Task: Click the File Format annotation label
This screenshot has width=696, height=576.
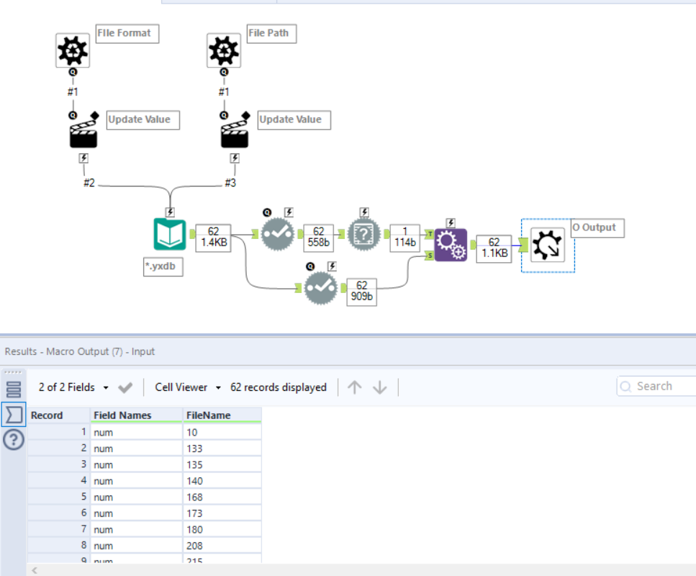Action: tap(127, 33)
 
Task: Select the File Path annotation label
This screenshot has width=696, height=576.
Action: tap(272, 33)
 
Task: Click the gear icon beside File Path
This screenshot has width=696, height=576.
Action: tap(224, 50)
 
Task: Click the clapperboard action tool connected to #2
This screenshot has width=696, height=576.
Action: tap(83, 134)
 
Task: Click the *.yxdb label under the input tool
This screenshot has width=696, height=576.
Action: tap(163, 267)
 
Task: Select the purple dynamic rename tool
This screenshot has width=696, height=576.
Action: tap(451, 245)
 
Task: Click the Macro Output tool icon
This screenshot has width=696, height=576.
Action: tap(548, 246)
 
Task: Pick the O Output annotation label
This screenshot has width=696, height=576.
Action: tap(597, 228)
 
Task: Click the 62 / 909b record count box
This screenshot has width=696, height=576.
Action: tap(362, 292)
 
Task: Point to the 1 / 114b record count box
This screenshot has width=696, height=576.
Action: tap(405, 237)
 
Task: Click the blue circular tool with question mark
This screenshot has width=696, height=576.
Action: tap(364, 235)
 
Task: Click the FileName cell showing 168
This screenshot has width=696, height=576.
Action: tap(222, 497)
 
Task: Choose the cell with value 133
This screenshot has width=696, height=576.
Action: tap(222, 449)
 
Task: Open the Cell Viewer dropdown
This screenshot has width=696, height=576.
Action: tap(187, 387)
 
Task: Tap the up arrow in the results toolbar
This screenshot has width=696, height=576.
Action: tap(354, 387)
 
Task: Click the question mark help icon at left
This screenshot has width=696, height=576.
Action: tap(14, 440)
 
